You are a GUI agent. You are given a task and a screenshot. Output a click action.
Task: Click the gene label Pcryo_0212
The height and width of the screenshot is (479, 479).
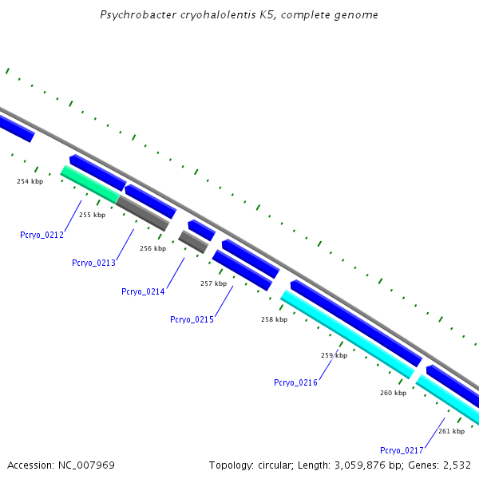(x=42, y=235)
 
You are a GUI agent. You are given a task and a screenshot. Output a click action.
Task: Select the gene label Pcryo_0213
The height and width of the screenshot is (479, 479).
(x=93, y=263)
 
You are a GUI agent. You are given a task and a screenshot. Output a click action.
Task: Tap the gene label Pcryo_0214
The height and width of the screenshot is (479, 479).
(x=143, y=291)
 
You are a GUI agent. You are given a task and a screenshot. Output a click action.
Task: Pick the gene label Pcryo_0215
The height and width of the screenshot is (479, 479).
(x=192, y=319)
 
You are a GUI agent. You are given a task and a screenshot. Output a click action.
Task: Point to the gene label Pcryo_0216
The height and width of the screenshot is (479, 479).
(x=295, y=382)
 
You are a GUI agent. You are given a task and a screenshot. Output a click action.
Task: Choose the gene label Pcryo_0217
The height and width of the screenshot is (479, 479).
(x=402, y=450)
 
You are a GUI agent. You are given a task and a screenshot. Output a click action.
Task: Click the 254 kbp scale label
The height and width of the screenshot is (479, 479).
(x=30, y=181)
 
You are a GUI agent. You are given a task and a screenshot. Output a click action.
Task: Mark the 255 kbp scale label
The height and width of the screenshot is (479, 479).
(x=93, y=215)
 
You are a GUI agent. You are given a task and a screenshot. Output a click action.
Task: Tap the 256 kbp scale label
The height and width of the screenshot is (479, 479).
(x=152, y=248)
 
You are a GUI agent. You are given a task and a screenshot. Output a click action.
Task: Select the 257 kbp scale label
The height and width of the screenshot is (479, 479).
(x=213, y=283)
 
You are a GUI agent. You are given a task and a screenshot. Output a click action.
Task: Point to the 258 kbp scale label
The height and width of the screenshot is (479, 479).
(x=274, y=319)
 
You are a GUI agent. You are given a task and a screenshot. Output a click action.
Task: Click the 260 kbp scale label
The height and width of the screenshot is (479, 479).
(x=393, y=393)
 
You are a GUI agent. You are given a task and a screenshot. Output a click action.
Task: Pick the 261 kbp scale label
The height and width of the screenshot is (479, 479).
(x=452, y=431)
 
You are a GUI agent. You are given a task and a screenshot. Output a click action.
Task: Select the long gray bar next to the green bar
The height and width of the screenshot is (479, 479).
(x=143, y=213)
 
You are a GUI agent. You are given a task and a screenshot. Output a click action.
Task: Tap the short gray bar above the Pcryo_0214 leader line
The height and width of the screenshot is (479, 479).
(x=193, y=242)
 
